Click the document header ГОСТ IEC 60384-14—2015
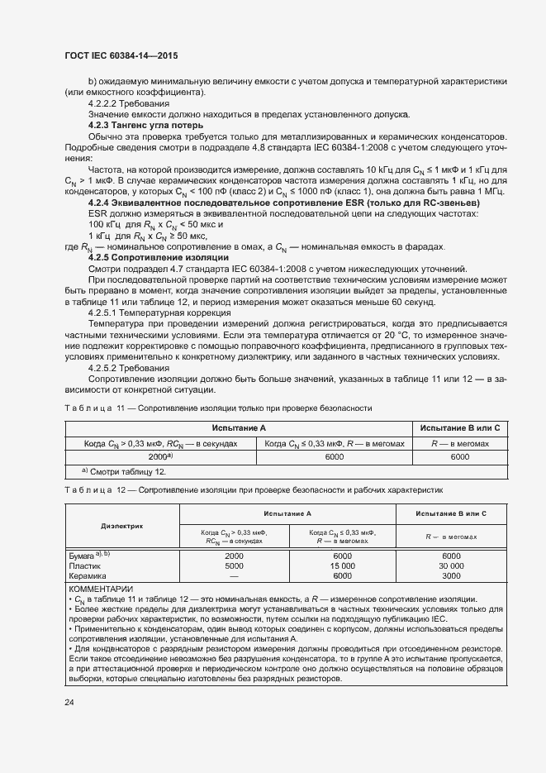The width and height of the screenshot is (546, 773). [121, 55]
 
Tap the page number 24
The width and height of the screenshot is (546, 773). [69, 702]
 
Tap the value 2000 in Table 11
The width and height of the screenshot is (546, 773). [159, 456]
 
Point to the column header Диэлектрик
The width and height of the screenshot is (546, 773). [122, 524]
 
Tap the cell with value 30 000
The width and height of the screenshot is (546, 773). [451, 566]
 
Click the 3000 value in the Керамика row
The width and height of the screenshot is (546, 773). [451, 576]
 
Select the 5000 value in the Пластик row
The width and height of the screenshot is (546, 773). [234, 566]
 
